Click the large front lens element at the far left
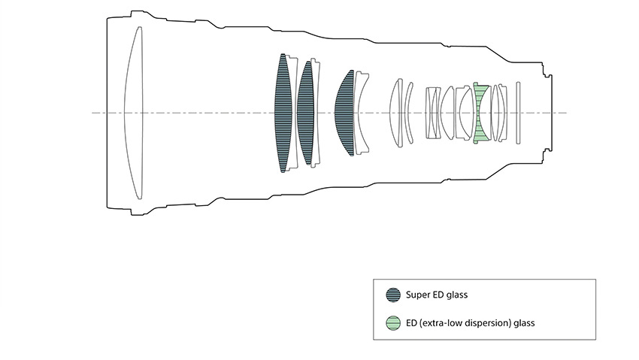[134, 113]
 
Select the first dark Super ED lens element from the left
[283, 113]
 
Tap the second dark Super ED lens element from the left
[305, 113]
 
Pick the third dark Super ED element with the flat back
[346, 113]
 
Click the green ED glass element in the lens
[482, 113]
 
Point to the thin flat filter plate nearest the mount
[518, 113]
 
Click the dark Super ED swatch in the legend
[392, 295]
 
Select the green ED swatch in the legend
[392, 323]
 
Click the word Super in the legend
[418, 295]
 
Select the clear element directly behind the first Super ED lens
[293, 113]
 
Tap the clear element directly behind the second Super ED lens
[316, 113]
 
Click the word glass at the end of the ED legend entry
[523, 323]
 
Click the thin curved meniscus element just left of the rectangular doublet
[410, 113]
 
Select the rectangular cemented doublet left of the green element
[433, 113]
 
